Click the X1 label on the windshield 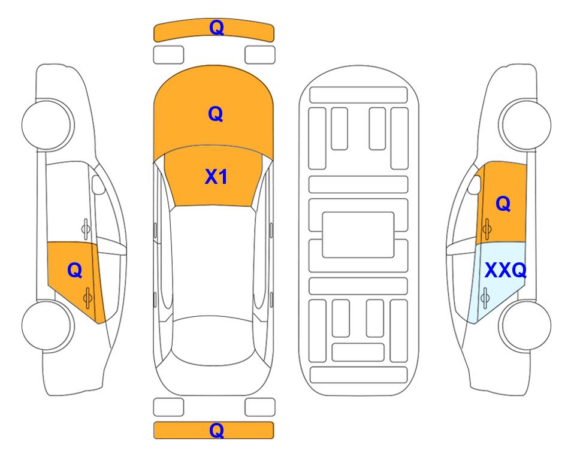[x=216, y=177]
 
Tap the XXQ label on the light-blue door [x=506, y=270]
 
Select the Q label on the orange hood [x=216, y=114]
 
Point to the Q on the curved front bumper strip [x=216, y=28]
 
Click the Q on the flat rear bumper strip [x=216, y=430]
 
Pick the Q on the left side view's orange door [x=75, y=271]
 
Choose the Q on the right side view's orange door [x=503, y=204]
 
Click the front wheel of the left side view [x=47, y=125]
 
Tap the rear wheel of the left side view [x=47, y=325]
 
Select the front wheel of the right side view [x=525, y=125]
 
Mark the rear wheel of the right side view [x=525, y=325]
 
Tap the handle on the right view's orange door [x=487, y=229]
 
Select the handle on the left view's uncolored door [x=86, y=229]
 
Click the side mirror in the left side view [x=98, y=184]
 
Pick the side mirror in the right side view [x=475, y=184]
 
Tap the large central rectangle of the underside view [x=358, y=235]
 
